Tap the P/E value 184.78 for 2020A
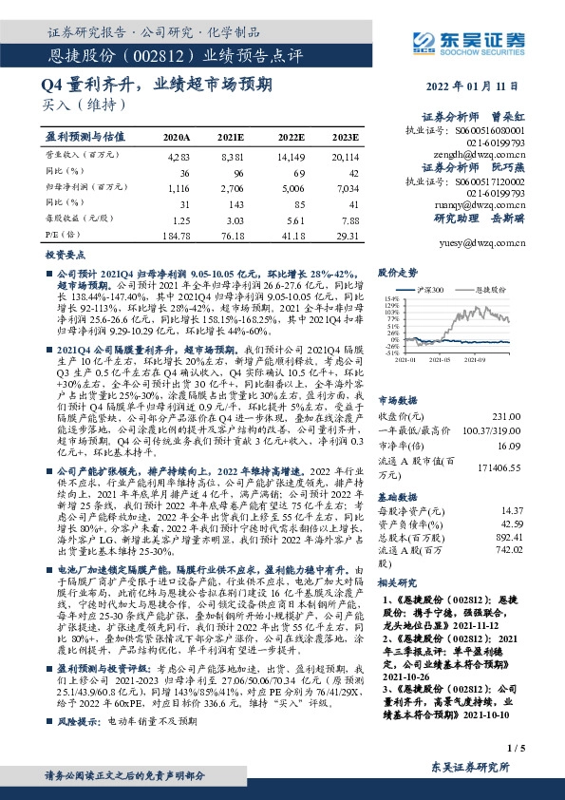178,235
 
